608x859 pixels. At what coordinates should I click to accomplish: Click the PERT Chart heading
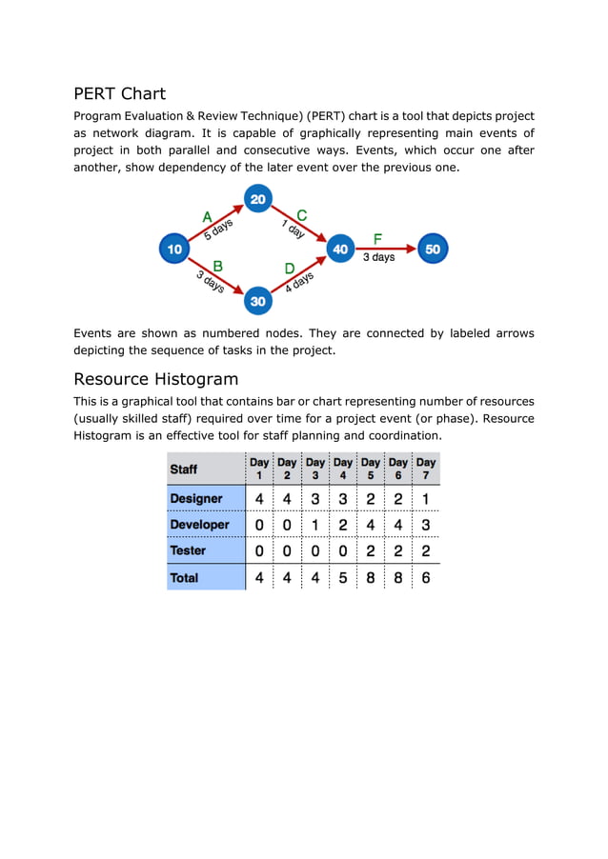(120, 93)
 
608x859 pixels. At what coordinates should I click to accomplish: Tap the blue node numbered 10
(174, 250)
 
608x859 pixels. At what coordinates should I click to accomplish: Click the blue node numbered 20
(258, 199)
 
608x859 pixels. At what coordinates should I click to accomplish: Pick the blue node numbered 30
(258, 300)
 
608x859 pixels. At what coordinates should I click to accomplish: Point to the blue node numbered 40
(340, 250)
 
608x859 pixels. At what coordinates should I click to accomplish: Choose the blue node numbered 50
(433, 250)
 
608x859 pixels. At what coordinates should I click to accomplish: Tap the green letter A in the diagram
(207, 218)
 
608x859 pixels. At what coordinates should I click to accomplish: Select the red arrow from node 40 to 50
(386, 250)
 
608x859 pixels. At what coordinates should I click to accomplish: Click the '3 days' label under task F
(378, 258)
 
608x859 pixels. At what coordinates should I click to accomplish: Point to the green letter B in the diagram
(217, 266)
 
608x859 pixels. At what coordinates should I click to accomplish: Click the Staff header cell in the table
(184, 469)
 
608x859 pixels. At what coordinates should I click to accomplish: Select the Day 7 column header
(425, 468)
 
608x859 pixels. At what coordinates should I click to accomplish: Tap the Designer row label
(196, 498)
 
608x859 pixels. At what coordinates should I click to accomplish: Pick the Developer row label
(199, 525)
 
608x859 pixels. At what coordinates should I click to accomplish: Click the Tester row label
(188, 550)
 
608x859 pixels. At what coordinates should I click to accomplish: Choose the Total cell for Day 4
(343, 577)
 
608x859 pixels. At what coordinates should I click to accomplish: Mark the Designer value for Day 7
(425, 498)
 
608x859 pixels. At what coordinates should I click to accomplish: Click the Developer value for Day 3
(315, 525)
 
